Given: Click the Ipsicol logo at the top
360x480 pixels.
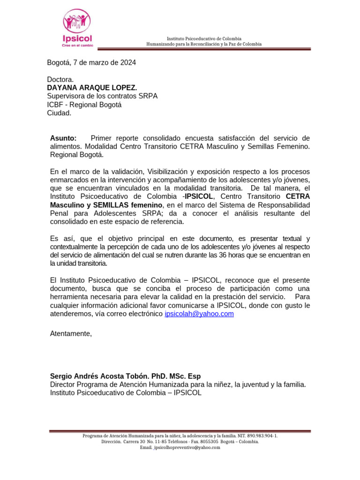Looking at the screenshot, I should click(x=77, y=28).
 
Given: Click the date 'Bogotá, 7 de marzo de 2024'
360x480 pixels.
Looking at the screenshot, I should click(x=91, y=62).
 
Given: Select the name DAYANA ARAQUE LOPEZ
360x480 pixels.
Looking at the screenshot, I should click(x=92, y=88).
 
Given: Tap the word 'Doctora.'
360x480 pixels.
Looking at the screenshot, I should click(x=60, y=79).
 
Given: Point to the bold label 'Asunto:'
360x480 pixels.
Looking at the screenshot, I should click(x=63, y=138).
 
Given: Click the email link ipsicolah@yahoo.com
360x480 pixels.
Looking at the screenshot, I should click(x=199, y=314).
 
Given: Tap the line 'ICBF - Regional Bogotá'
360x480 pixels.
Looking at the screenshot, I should click(x=84, y=105).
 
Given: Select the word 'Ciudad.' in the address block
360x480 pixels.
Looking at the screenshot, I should click(x=59, y=113).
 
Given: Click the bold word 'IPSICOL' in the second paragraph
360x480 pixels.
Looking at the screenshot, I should click(x=199, y=196).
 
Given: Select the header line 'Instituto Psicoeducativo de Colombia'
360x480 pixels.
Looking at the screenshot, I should click(x=204, y=38).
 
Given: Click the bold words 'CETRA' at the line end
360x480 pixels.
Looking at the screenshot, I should click(x=298, y=196).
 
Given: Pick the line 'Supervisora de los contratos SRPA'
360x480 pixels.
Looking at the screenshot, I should click(x=102, y=96).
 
